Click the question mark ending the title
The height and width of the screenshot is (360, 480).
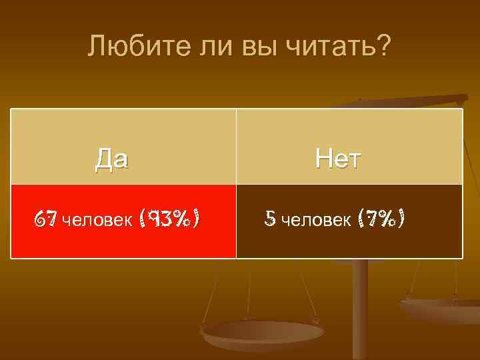pyautogui.click(x=384, y=47)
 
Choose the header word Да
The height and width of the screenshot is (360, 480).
pyautogui.click(x=112, y=159)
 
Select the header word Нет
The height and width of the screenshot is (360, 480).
pyautogui.click(x=339, y=159)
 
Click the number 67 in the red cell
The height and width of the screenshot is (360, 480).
pyautogui.click(x=47, y=219)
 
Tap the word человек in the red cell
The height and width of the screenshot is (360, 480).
pyautogui.click(x=97, y=219)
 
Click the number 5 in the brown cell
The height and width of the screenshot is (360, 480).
pyautogui.click(x=270, y=218)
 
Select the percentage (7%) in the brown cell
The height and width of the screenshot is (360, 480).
pyautogui.click(x=381, y=218)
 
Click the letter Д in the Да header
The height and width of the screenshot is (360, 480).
pyautogui.click(x=104, y=160)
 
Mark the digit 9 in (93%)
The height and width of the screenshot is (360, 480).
pyautogui.click(x=155, y=219)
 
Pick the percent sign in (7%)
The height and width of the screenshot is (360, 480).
pyautogui.click(x=388, y=218)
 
